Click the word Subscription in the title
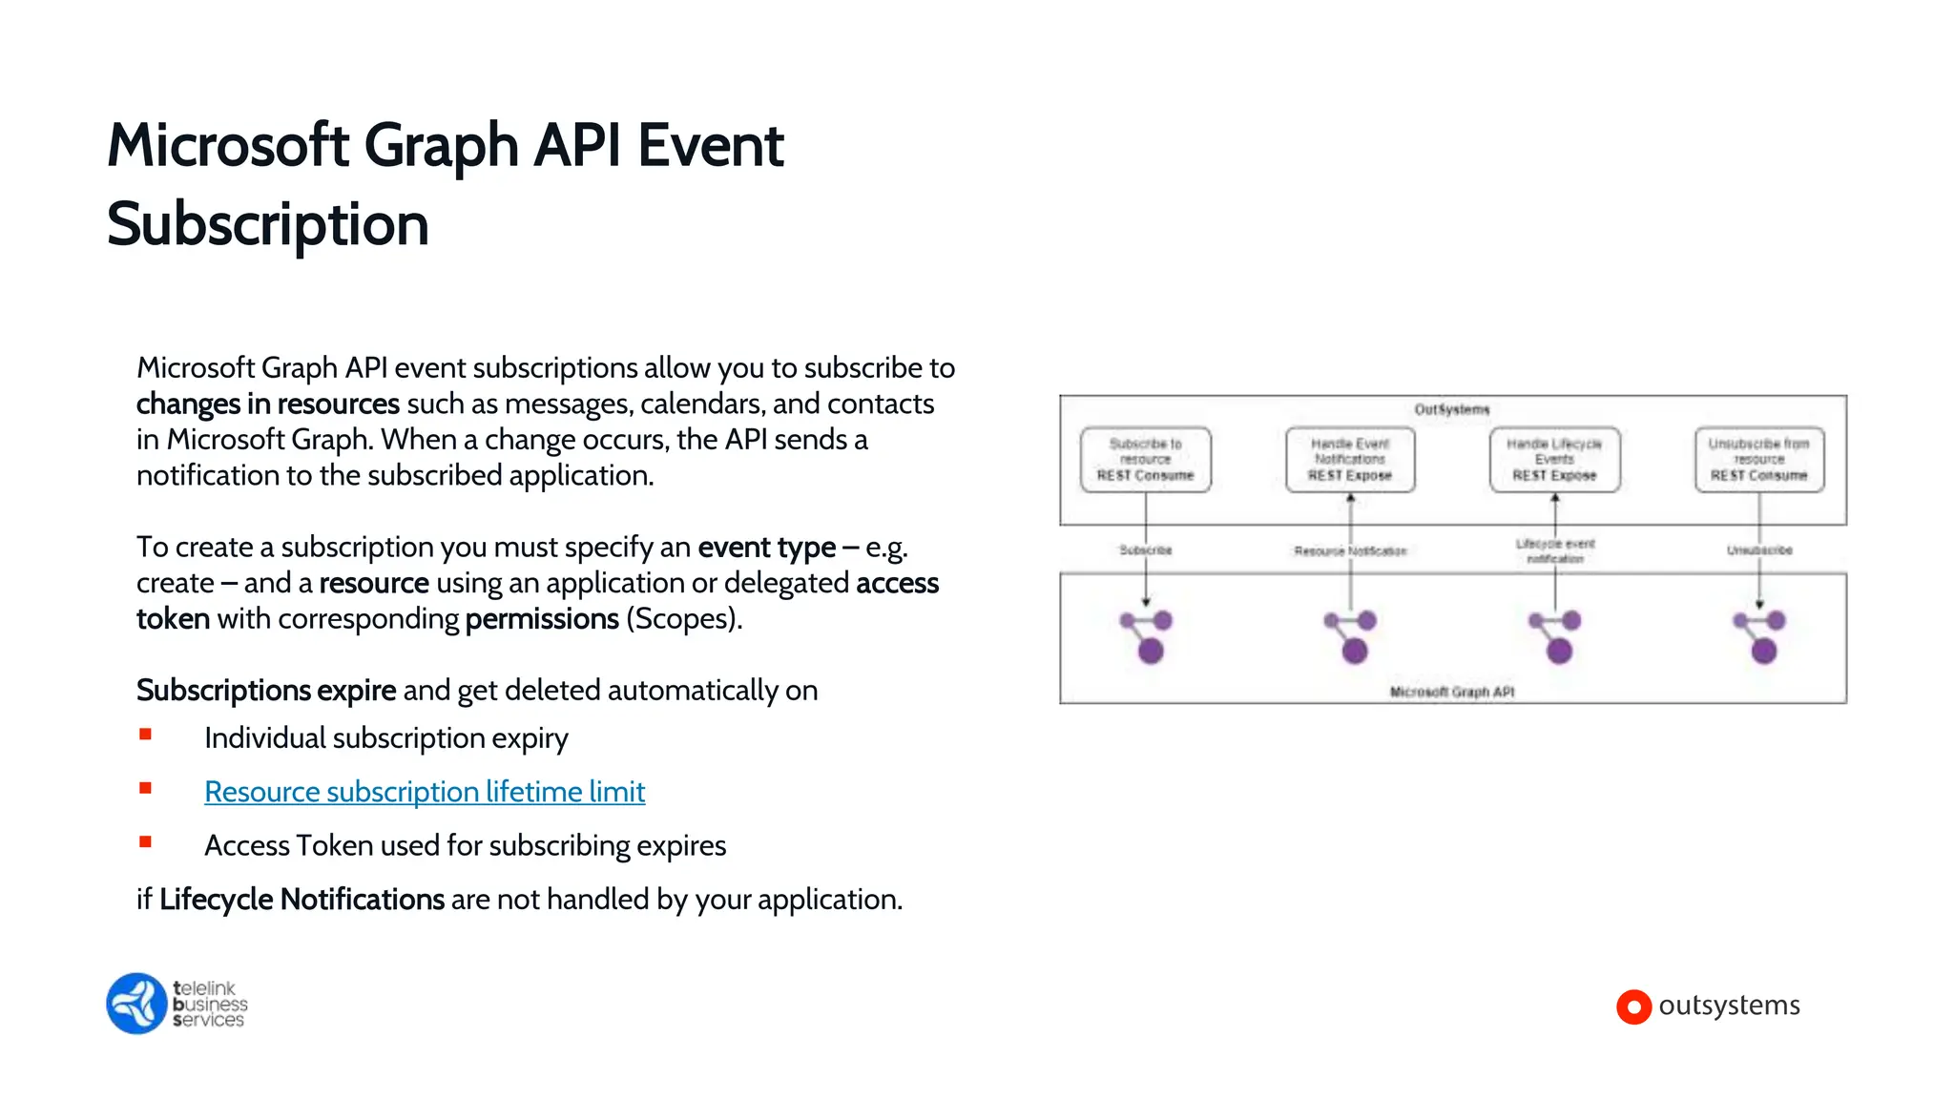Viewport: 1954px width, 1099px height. (x=267, y=225)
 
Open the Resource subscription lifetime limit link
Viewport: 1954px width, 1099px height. (x=425, y=792)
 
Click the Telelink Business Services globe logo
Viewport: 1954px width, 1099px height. (x=136, y=1004)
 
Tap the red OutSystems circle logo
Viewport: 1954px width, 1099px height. (x=1633, y=1006)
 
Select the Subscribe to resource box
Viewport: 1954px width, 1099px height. (x=1145, y=460)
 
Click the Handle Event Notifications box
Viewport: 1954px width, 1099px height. (x=1349, y=460)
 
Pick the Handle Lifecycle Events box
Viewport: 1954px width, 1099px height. (x=1554, y=460)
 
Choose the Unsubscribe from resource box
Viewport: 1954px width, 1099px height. (x=1758, y=460)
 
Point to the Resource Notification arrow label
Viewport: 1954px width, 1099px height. (x=1349, y=551)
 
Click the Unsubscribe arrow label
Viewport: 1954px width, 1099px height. (x=1758, y=550)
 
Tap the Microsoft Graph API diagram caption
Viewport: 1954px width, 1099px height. (x=1451, y=692)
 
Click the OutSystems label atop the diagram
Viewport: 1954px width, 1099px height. (x=1451, y=409)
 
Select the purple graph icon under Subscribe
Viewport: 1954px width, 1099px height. (x=1147, y=636)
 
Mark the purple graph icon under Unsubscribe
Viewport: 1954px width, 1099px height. (x=1760, y=636)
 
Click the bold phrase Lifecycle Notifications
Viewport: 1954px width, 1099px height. (x=301, y=900)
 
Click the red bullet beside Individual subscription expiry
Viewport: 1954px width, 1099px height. (x=145, y=735)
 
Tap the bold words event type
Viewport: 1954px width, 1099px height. (x=766, y=548)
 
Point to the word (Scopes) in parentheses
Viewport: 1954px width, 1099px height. (x=683, y=619)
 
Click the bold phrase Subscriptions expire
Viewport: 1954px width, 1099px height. (x=265, y=691)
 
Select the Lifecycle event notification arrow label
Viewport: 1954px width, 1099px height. (x=1554, y=550)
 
